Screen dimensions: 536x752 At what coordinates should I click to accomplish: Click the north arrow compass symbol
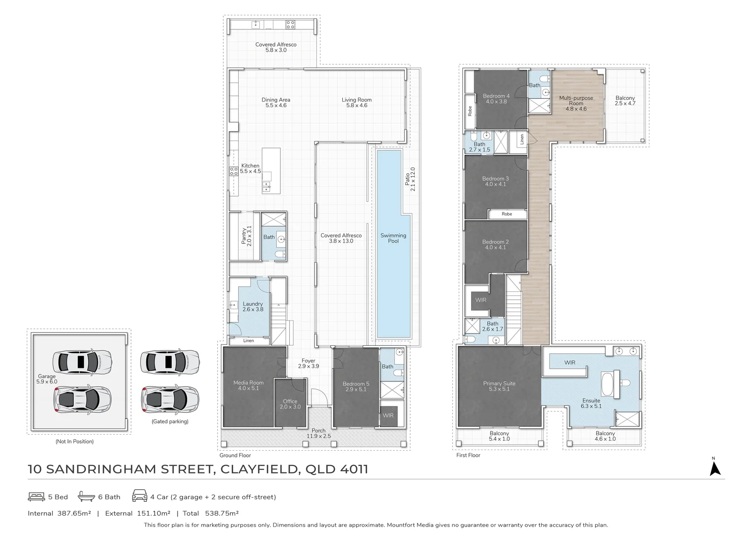click(x=715, y=468)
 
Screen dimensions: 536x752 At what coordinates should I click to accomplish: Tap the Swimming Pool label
click(x=393, y=238)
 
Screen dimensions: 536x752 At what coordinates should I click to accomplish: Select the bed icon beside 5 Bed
click(x=36, y=497)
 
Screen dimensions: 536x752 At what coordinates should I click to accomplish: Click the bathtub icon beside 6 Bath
click(x=86, y=497)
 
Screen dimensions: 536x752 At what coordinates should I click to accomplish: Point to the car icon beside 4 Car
click(x=139, y=497)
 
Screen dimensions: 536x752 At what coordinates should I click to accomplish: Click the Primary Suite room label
click(x=499, y=386)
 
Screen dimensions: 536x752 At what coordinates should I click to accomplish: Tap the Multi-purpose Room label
click(x=576, y=103)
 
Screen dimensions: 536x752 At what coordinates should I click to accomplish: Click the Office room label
click(x=290, y=404)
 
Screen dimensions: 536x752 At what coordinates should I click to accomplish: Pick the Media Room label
click(x=249, y=385)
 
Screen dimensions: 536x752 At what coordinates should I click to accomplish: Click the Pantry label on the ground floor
click(x=247, y=236)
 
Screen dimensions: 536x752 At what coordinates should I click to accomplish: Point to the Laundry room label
click(x=253, y=307)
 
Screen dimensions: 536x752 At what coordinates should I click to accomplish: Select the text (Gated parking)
click(x=170, y=421)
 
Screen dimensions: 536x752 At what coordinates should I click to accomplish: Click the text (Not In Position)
click(x=74, y=441)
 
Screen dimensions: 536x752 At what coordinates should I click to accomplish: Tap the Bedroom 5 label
click(x=356, y=386)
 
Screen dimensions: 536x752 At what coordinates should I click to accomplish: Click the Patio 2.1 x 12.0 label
click(x=410, y=179)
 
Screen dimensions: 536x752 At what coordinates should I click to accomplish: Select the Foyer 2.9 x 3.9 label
click(x=308, y=363)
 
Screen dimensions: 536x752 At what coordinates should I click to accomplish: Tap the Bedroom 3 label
click(x=496, y=181)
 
